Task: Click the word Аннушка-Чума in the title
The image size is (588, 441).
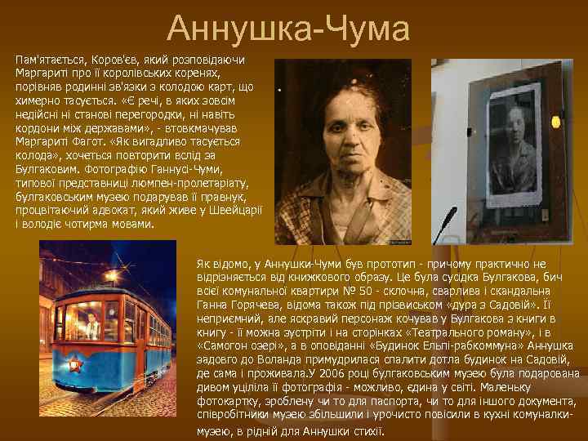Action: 288,30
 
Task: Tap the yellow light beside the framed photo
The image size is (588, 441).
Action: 556,122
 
